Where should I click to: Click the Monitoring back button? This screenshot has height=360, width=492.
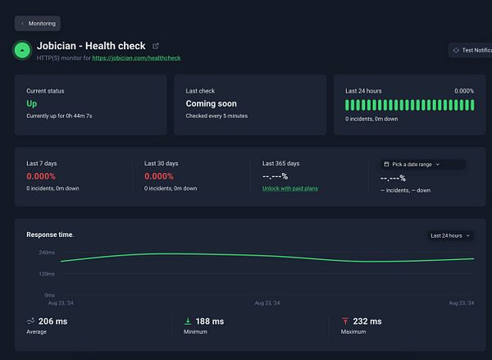(37, 24)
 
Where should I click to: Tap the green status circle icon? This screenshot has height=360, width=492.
(23, 51)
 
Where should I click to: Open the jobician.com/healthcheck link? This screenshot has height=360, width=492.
(136, 58)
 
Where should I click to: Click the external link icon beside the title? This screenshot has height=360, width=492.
(156, 46)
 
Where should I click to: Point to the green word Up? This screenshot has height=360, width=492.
(32, 104)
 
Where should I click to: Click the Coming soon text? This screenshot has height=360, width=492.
(212, 104)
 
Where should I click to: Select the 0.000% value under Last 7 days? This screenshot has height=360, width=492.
(41, 176)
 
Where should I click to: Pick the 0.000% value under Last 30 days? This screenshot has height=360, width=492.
(159, 176)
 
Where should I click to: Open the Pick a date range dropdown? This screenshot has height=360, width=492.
(422, 164)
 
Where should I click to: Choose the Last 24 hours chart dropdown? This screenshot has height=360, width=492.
(452, 235)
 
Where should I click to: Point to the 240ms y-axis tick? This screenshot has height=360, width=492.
(46, 253)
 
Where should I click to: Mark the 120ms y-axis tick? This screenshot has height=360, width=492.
(46, 274)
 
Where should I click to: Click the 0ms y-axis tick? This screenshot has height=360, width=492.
(49, 294)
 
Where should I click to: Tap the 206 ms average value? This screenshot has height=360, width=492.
(52, 321)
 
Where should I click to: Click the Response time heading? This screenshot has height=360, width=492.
(50, 235)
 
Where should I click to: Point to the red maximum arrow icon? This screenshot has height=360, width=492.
(345, 321)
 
